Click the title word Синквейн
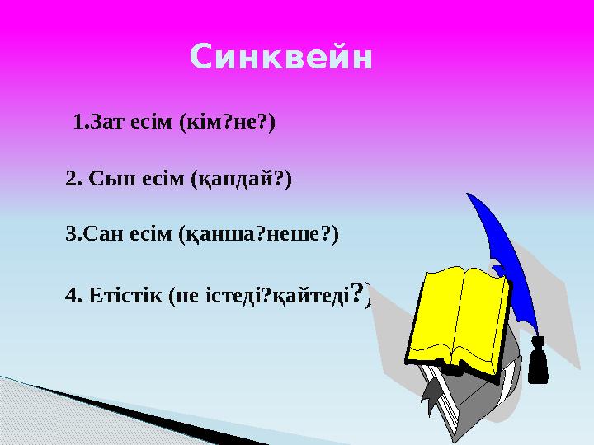(281, 59)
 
